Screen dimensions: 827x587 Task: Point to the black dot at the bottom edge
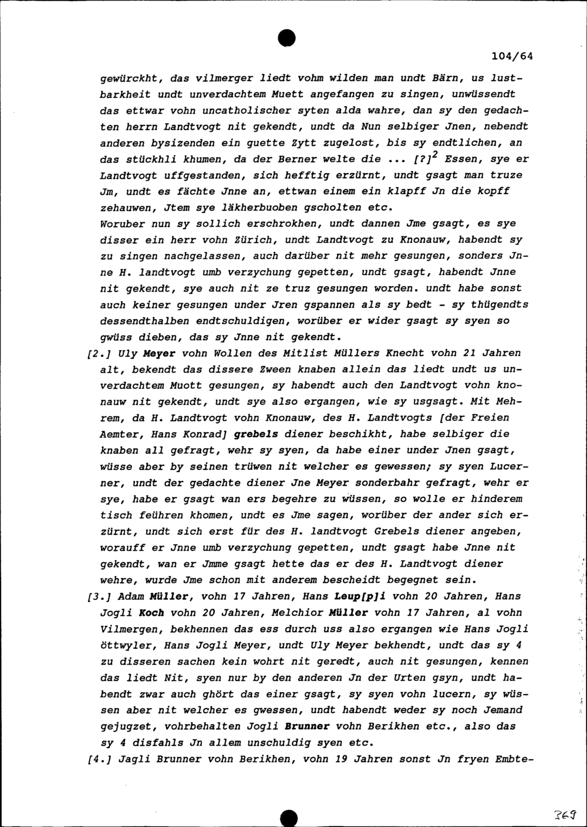(x=288, y=818)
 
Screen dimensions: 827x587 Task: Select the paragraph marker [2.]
(x=96, y=354)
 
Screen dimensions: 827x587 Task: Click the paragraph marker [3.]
(x=96, y=596)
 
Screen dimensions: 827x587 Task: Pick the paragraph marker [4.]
(x=96, y=759)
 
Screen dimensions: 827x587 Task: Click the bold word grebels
(x=255, y=434)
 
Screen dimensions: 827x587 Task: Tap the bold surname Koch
(x=151, y=613)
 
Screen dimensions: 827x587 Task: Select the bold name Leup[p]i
(x=342, y=596)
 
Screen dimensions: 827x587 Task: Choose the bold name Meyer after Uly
(x=160, y=354)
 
